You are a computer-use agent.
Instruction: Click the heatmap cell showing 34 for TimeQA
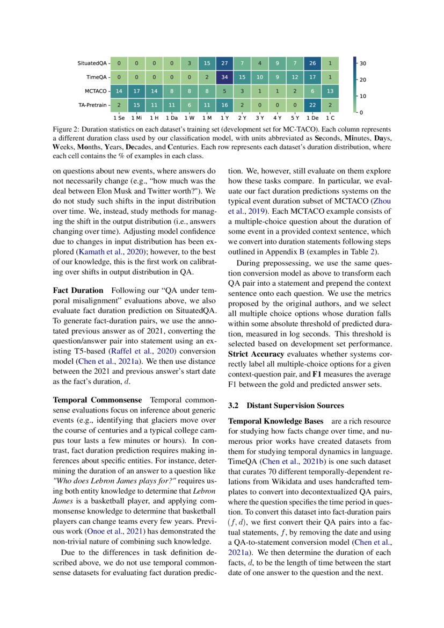click(224, 77)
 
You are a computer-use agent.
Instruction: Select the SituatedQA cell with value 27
click(224, 63)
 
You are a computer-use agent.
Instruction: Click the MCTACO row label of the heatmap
click(97, 91)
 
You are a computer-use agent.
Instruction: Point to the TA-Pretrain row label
click(92, 105)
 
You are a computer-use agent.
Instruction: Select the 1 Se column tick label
click(119, 117)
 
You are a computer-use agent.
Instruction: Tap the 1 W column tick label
click(189, 117)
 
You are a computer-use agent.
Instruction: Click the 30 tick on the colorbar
click(363, 63)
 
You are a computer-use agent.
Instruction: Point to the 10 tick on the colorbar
click(363, 96)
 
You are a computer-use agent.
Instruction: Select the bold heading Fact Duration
click(78, 291)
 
